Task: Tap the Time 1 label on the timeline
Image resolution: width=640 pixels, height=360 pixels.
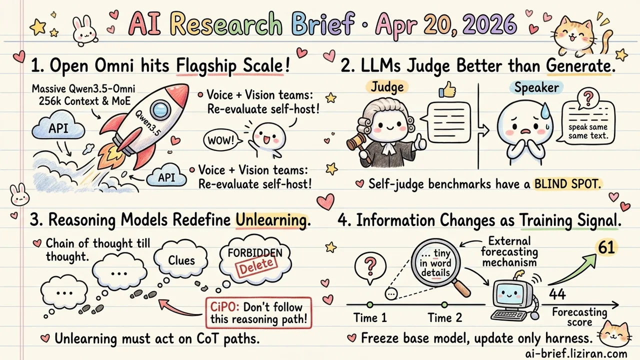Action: tap(369, 318)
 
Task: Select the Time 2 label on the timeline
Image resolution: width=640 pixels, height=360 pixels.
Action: tap(444, 318)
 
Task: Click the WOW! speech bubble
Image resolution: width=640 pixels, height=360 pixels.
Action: tap(220, 139)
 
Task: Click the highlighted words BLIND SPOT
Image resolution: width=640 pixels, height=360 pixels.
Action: tap(565, 183)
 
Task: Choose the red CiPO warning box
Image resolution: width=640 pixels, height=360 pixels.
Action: tap(258, 312)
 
